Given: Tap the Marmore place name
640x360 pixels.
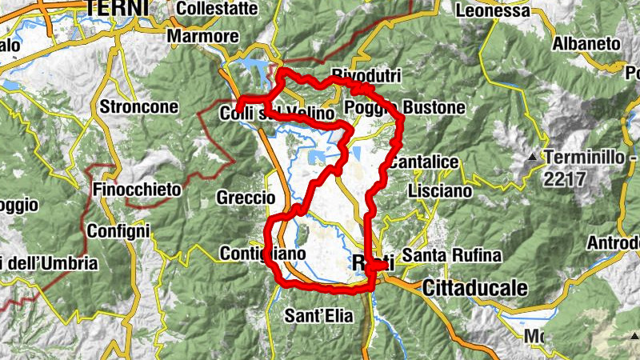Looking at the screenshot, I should (x=202, y=37).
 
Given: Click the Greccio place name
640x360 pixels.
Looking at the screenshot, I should (x=246, y=197).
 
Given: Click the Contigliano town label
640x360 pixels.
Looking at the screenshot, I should (x=262, y=254).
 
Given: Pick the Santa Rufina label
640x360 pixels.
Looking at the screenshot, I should (x=451, y=256).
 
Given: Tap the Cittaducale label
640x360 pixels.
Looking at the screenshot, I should (x=475, y=286).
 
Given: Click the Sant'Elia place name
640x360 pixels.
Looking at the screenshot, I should (x=318, y=316).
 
